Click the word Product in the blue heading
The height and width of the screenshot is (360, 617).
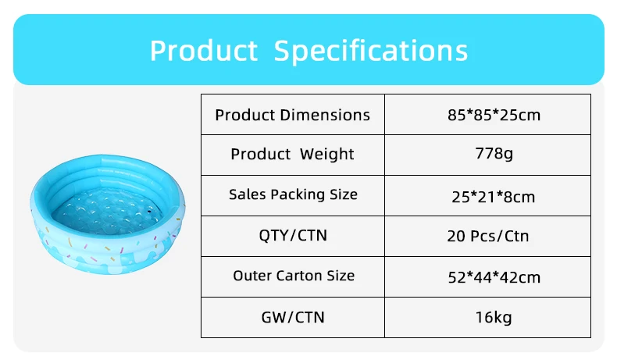204,50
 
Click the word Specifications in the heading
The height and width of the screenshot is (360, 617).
371,51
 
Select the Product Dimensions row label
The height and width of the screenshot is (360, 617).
292,115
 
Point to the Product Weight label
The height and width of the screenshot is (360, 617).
292,154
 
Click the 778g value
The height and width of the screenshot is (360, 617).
494,153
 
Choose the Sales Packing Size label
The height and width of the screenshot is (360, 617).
293,194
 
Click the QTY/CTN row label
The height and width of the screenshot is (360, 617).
293,235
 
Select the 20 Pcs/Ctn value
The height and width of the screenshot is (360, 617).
488,236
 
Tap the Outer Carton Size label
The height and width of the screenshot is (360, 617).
294,276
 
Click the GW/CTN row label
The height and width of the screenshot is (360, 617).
293,317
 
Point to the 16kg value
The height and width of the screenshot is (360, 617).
494,317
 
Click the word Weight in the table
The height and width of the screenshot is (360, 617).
327,154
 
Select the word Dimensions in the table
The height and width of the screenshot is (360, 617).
326,115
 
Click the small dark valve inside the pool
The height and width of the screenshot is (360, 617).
149,212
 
